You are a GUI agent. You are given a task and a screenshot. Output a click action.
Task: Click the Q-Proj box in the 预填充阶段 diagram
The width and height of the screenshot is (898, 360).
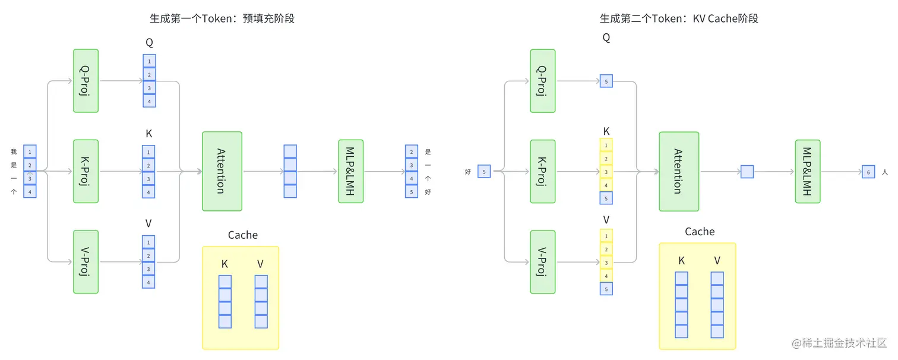pyautogui.click(x=86, y=81)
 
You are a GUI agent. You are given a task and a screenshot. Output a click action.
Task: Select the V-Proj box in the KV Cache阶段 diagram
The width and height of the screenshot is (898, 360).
pyautogui.click(x=543, y=262)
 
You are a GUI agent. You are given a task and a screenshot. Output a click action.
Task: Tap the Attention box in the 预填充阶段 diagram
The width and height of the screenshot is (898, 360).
pyautogui.click(x=222, y=171)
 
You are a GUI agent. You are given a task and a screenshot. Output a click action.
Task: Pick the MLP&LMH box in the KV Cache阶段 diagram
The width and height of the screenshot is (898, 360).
pyautogui.click(x=808, y=172)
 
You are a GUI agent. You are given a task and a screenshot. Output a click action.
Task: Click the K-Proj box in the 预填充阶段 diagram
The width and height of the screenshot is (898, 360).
pyautogui.click(x=86, y=171)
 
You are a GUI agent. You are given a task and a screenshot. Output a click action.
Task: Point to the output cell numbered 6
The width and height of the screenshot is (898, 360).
pyautogui.click(x=868, y=172)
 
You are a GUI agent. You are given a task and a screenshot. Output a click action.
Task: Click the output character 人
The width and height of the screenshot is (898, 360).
pyautogui.click(x=885, y=172)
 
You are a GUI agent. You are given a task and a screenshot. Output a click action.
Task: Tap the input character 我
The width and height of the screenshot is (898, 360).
pyautogui.click(x=14, y=152)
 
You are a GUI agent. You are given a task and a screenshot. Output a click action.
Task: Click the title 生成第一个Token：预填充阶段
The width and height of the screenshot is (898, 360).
pyautogui.click(x=222, y=18)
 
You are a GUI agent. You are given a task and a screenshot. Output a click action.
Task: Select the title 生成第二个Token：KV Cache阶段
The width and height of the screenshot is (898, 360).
pyautogui.click(x=679, y=18)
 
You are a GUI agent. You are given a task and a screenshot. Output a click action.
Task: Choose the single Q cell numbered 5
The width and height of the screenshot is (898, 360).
pyautogui.click(x=606, y=81)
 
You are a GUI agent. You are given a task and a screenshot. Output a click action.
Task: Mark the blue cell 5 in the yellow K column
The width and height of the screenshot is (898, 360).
pyautogui.click(x=606, y=198)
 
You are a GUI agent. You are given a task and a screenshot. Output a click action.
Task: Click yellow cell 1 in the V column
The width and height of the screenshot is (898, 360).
pyautogui.click(x=606, y=236)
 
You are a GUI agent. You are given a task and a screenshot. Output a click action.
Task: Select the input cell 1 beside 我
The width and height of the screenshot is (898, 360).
pyautogui.click(x=30, y=152)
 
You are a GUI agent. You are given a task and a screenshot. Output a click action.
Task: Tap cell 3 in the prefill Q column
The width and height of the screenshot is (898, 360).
pyautogui.click(x=149, y=88)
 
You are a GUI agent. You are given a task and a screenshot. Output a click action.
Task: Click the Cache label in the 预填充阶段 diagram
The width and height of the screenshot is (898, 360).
pyautogui.click(x=243, y=235)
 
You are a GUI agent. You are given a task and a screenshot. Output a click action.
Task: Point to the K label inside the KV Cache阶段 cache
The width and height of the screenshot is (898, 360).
pyautogui.click(x=681, y=261)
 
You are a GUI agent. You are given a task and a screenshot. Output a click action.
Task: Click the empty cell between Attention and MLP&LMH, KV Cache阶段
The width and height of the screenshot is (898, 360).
pyautogui.click(x=747, y=172)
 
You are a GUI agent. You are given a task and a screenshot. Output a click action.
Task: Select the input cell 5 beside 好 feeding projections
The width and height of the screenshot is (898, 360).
pyautogui.click(x=484, y=172)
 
